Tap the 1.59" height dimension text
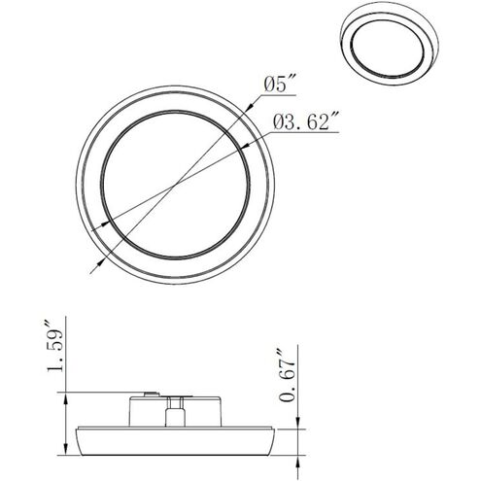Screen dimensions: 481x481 (55, 346)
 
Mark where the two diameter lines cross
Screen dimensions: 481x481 (175, 188)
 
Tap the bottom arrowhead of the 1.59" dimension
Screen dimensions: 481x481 (66, 451)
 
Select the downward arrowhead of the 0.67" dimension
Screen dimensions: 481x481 (298, 420)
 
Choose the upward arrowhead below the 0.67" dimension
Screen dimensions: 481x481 (298, 457)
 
